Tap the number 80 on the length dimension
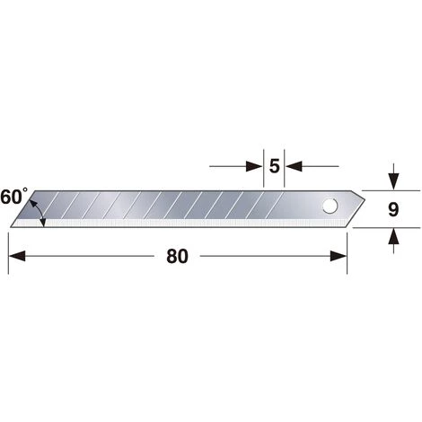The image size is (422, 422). coord(177,257)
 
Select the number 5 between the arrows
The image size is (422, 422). coord(274,166)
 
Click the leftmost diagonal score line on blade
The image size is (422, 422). coord(59,207)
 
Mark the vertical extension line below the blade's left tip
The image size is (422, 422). coord(8,247)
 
